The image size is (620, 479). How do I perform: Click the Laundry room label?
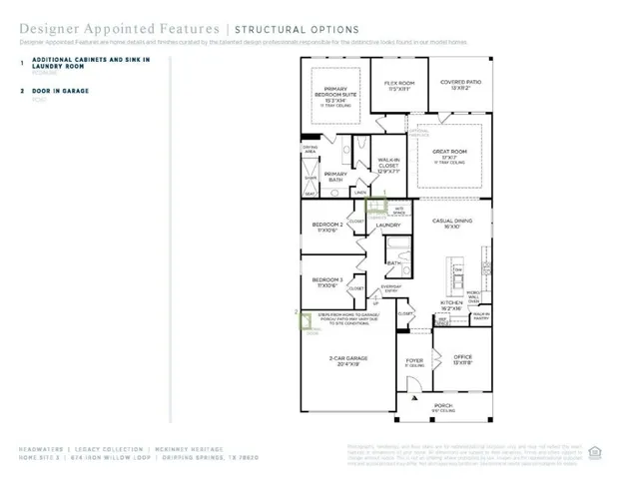[387, 226]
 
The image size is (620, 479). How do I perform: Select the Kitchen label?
[452, 304]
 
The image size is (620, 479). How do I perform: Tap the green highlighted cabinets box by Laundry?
[375, 207]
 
